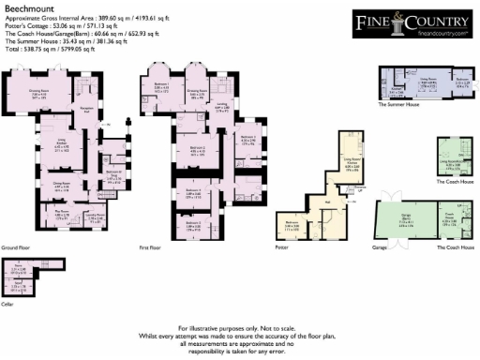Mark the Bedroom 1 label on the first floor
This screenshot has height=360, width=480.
tap(160, 88)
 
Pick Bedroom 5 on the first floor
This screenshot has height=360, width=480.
tap(192, 228)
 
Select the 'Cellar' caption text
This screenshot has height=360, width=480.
tap(9, 302)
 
